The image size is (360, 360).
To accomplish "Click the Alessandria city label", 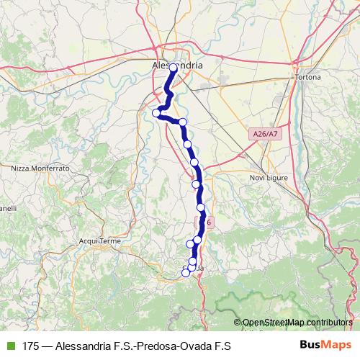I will point(177,65).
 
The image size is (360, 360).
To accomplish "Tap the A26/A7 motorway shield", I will point(265,134).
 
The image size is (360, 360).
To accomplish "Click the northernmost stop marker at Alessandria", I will point(174,68).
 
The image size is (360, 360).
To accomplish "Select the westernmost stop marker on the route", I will point(156,112).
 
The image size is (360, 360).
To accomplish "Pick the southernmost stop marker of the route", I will point(186,272).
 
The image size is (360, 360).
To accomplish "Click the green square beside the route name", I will point(10,346).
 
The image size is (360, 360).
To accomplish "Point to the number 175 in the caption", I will point(31,346).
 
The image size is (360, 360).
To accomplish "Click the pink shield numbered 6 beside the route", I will point(208,223).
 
